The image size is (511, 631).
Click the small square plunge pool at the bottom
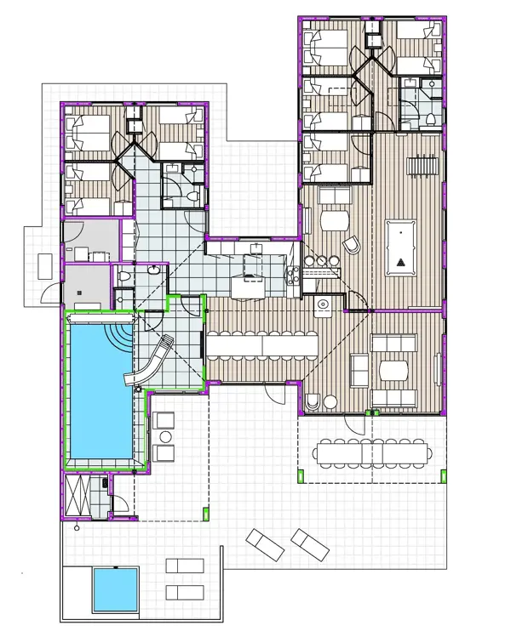click(x=115, y=587)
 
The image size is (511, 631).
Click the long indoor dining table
click(x=261, y=345)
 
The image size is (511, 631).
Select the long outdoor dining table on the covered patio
click(x=371, y=453)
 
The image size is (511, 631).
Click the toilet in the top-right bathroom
click(x=431, y=117)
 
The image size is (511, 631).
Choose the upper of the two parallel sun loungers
click(x=183, y=566)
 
